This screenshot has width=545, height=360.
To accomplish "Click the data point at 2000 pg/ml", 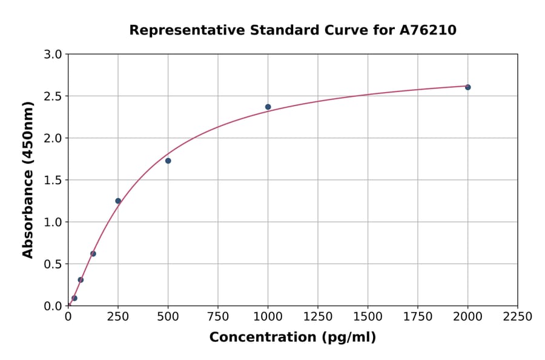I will click(x=467, y=87).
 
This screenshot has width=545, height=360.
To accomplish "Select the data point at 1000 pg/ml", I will click(x=268, y=107).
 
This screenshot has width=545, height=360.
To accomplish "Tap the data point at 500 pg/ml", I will click(x=168, y=161).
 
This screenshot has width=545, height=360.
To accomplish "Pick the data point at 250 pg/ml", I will click(x=118, y=201).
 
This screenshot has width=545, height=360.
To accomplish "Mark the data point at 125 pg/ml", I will click(x=93, y=254).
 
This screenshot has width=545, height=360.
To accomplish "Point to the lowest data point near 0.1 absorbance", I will click(x=74, y=298).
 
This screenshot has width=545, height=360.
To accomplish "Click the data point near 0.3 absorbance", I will click(x=81, y=280).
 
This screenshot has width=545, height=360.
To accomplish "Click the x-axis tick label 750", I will click(x=218, y=317).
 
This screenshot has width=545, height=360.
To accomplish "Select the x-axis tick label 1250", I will click(x=318, y=317).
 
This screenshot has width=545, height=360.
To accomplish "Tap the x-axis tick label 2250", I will click(x=518, y=317).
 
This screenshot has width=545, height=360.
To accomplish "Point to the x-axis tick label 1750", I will click(x=418, y=317).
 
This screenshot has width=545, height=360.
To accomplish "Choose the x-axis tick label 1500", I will click(x=368, y=317).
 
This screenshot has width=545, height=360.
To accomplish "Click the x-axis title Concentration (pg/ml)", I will click(x=292, y=338).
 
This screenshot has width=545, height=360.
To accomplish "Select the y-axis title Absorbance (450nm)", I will click(x=28, y=179).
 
